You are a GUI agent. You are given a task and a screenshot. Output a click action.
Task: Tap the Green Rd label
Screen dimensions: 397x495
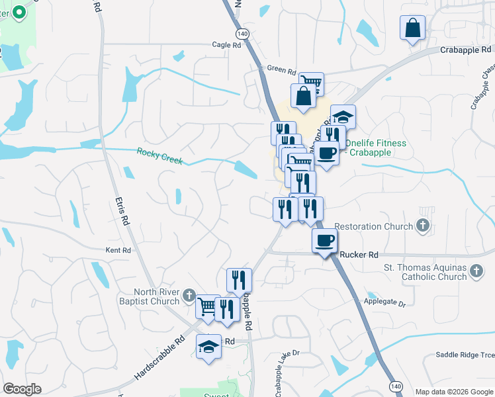(x=281, y=68)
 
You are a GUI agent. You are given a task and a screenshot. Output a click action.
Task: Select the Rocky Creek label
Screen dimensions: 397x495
(x=159, y=155)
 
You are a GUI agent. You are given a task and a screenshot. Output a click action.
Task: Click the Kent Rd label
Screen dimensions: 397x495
(x=118, y=250)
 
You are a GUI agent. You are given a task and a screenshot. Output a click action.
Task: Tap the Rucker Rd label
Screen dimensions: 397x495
(x=359, y=254)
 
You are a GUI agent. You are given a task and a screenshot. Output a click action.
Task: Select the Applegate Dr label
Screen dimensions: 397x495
(x=384, y=302)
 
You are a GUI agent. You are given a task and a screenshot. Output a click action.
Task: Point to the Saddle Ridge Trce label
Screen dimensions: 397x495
(x=465, y=355)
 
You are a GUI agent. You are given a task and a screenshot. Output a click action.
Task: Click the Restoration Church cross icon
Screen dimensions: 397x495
(x=423, y=226)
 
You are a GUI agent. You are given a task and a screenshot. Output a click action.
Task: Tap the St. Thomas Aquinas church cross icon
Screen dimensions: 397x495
(x=475, y=270)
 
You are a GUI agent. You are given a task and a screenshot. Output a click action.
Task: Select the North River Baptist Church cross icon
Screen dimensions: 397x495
(x=189, y=295)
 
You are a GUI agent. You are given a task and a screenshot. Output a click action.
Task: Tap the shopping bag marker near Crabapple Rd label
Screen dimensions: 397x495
(x=412, y=28)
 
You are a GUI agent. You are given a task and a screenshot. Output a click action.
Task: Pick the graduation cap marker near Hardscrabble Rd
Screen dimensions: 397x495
(x=208, y=347)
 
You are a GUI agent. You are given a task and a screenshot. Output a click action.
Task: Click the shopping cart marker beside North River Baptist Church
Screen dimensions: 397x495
(x=208, y=306)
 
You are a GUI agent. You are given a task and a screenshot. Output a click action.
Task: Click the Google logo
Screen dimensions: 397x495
(x=22, y=389)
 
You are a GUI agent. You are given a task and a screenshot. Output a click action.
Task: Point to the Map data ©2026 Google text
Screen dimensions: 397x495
(x=455, y=392)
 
